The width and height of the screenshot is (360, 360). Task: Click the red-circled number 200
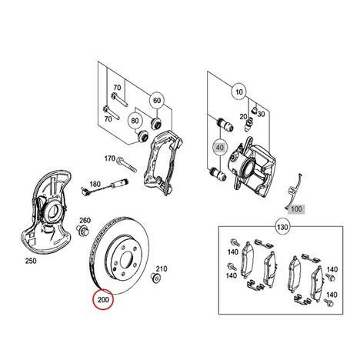click(103, 299)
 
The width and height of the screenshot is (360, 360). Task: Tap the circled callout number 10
click(239, 92)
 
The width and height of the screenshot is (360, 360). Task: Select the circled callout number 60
click(157, 100)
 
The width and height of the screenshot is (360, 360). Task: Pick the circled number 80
click(135, 120)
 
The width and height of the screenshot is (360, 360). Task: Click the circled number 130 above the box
click(282, 227)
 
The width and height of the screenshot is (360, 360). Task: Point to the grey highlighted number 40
click(220, 148)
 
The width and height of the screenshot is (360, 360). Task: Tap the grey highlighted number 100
click(296, 209)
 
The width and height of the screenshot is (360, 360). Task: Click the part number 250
click(31, 261)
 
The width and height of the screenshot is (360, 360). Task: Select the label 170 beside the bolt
click(110, 158)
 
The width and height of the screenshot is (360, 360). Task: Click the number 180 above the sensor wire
click(95, 184)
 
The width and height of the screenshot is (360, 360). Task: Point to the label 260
click(85, 220)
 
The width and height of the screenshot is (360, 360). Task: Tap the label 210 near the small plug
click(162, 268)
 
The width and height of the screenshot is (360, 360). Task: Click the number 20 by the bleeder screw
click(243, 117)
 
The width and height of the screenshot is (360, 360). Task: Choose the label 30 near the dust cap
click(261, 114)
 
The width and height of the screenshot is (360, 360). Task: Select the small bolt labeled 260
click(82, 230)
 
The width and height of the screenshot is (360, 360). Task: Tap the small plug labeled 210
click(155, 278)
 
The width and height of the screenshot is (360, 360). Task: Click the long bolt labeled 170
click(127, 165)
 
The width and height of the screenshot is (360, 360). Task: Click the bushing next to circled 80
click(142, 136)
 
